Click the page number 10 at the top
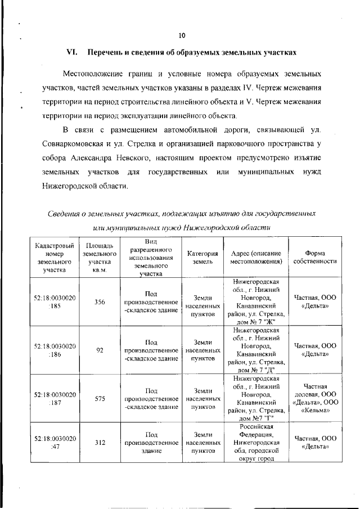click(x=182, y=35)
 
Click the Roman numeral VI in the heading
click(x=71, y=52)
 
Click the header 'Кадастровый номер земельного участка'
click(x=55, y=258)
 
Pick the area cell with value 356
click(x=100, y=302)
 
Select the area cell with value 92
click(x=100, y=350)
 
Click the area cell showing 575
click(x=100, y=398)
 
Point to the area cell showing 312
click(x=100, y=442)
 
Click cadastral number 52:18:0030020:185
click(x=55, y=302)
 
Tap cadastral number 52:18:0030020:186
click(x=55, y=350)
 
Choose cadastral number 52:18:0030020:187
click(x=55, y=398)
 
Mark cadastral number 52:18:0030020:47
click(x=55, y=442)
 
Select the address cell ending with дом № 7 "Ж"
click(x=255, y=301)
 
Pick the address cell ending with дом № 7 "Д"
click(x=255, y=350)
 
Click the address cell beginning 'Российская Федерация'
click(x=255, y=442)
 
